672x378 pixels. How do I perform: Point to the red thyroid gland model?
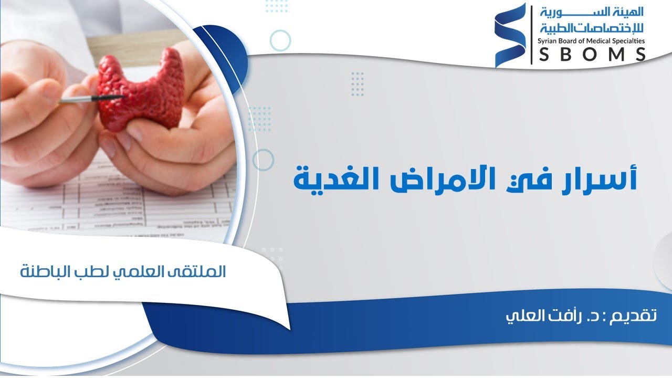[142, 92]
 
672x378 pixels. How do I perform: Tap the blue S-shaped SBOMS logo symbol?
[510, 36]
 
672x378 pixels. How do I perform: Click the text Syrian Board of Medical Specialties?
[590, 40]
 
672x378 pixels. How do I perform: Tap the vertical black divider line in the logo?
[531, 35]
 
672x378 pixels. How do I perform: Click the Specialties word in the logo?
[628, 40]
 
